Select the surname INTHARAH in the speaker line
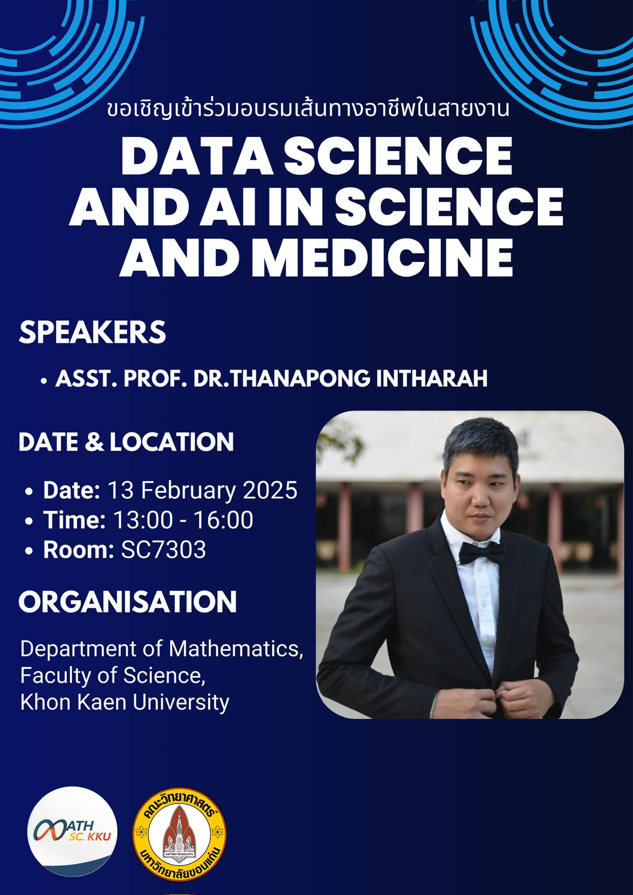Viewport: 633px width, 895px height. pyautogui.click(x=431, y=379)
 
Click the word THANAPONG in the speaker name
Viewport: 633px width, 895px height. pyautogui.click(x=300, y=379)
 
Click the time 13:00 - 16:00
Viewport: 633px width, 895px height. pyautogui.click(x=183, y=520)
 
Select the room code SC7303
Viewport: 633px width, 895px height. pyautogui.click(x=163, y=550)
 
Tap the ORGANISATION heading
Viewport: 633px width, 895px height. pyautogui.click(x=128, y=602)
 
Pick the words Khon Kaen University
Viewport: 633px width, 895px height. pyautogui.click(x=125, y=702)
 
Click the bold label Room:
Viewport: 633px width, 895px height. pyautogui.click(x=79, y=550)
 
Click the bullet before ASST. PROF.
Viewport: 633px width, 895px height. pyautogui.click(x=43, y=381)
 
